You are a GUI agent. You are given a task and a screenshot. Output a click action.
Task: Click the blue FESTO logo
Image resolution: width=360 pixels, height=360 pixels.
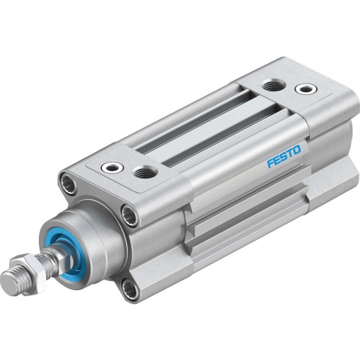click(283, 157)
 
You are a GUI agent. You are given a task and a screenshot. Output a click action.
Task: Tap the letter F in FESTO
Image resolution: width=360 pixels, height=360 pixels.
click(270, 164)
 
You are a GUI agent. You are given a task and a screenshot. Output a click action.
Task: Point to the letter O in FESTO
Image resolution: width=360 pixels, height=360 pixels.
click(296, 150)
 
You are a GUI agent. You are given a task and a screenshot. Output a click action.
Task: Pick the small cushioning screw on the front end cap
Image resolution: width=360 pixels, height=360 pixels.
click(112, 167)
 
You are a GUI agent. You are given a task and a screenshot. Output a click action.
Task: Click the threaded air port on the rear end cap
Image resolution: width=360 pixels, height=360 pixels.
click(273, 86)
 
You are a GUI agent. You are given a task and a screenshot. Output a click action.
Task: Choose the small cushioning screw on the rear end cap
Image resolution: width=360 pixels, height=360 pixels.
click(307, 88)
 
